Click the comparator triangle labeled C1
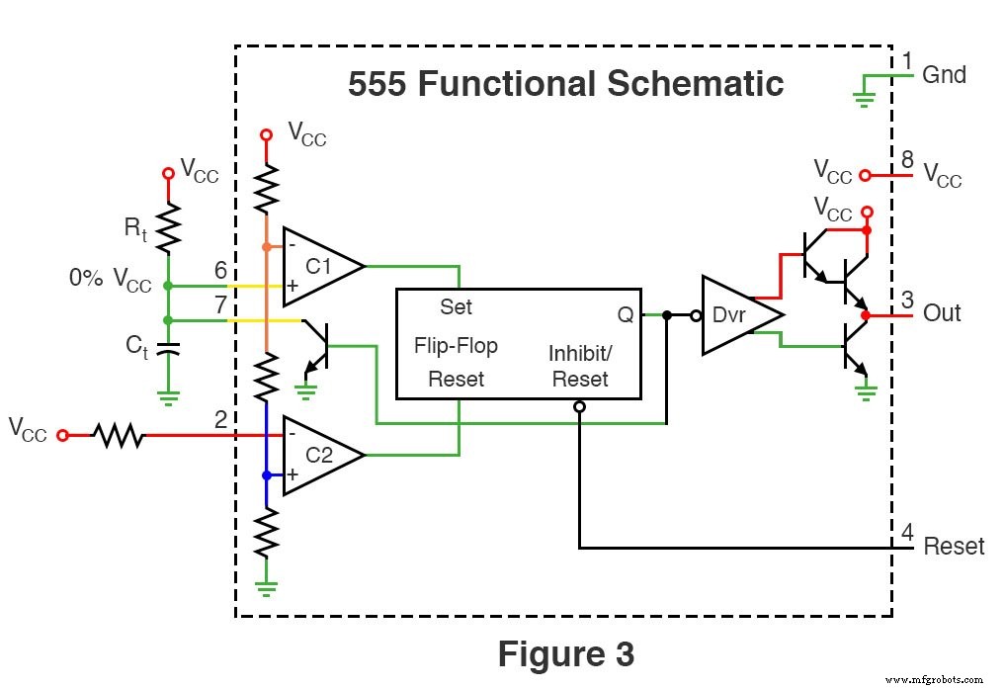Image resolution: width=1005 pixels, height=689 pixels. tap(316, 266)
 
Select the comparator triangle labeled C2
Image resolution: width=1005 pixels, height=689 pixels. tap(316, 455)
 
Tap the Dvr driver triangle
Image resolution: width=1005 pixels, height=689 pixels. tap(735, 314)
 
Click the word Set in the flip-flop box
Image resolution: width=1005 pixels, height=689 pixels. tap(456, 307)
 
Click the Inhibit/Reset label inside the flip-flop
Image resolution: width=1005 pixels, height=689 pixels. tap(580, 366)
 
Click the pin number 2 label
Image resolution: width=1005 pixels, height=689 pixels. tap(220, 419)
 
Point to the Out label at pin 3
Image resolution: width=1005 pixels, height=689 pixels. tap(942, 313)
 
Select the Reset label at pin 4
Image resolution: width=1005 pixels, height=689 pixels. tap(954, 546)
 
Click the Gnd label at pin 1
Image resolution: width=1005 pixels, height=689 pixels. tap(944, 75)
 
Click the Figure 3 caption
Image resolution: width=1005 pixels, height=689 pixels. tap(565, 653)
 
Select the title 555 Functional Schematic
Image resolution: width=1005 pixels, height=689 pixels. tap(565, 84)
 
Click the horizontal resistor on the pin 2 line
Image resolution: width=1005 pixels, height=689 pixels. tap(119, 434)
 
